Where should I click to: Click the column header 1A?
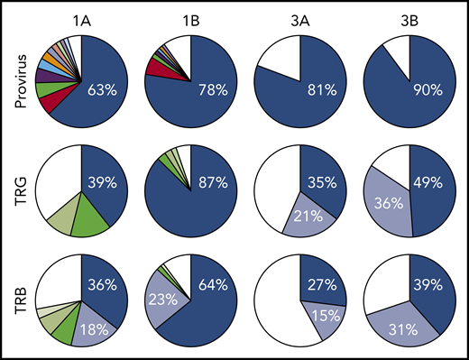[x=80, y=16]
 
